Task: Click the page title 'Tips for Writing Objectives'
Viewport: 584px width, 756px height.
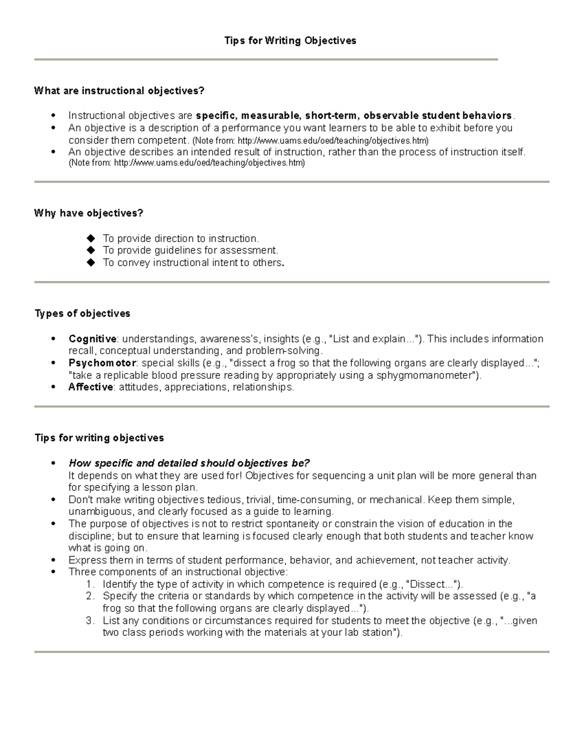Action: [290, 41]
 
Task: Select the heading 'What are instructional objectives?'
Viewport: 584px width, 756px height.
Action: [119, 91]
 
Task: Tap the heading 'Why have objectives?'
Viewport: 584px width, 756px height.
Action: [89, 213]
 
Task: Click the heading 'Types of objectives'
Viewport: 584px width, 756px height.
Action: [82, 313]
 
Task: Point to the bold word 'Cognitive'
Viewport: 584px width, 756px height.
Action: [92, 339]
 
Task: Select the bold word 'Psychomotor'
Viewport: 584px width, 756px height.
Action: [103, 363]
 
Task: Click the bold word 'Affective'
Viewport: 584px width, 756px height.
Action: [91, 387]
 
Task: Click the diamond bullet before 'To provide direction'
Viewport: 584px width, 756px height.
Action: [90, 239]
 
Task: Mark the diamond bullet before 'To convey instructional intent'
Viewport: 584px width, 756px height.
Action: [90, 263]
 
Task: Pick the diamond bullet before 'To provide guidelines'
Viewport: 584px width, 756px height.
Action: [90, 251]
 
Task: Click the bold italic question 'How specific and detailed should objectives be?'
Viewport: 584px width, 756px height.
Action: [189, 463]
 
